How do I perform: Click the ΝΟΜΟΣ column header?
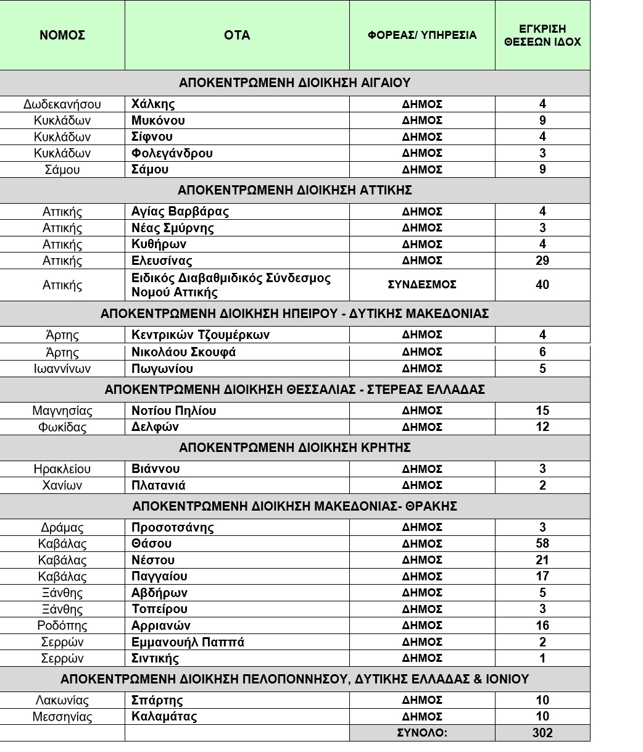(62, 35)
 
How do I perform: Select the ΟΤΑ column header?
(237, 35)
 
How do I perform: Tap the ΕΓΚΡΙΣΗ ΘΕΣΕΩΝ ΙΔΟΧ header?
(542, 36)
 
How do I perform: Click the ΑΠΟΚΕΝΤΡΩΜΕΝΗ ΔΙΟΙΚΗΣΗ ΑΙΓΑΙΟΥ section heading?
(294, 83)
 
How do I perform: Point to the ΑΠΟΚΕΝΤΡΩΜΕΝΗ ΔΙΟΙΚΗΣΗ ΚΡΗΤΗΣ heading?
(294, 448)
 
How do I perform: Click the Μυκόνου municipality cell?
(158, 120)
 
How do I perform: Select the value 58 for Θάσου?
(542, 544)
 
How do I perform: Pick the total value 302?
(542, 733)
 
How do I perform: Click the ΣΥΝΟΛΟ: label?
(422, 733)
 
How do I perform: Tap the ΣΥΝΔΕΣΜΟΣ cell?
(422, 285)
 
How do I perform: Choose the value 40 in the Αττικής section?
(542, 285)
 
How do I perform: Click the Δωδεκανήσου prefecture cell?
(62, 104)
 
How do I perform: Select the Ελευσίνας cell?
(162, 261)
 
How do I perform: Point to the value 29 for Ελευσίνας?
(542, 261)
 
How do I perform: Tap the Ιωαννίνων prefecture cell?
(62, 369)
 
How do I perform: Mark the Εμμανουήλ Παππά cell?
(188, 642)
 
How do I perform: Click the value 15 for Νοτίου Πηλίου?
(542, 411)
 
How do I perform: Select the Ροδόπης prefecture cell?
(62, 626)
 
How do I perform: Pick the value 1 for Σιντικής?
(542, 658)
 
